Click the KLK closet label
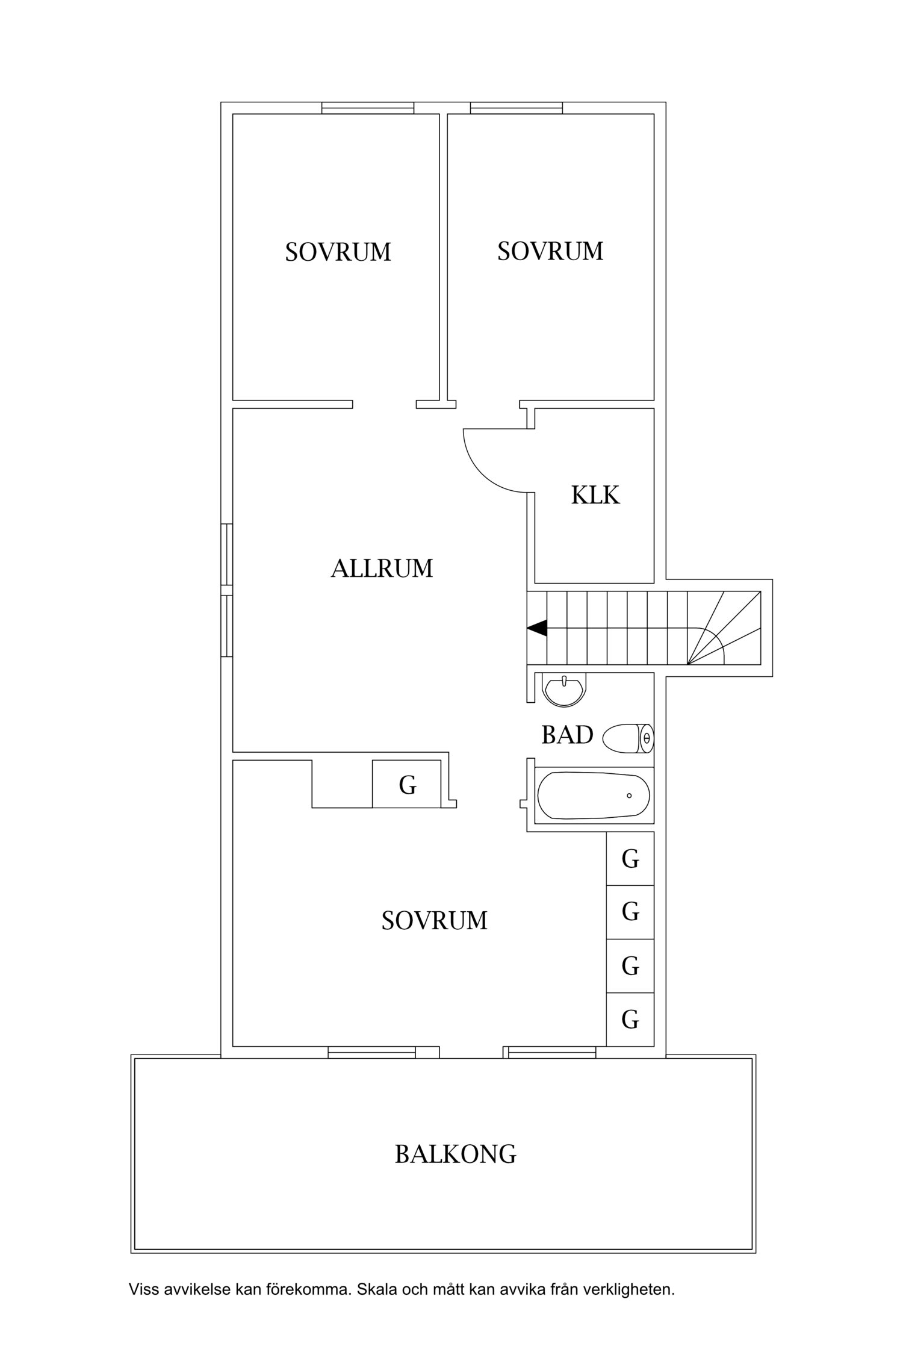[x=595, y=495]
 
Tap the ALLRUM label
[x=382, y=568]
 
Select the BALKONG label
[x=455, y=1154]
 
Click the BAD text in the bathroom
[x=567, y=735]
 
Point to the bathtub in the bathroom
[x=593, y=796]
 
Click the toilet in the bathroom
[x=628, y=738]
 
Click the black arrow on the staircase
[x=537, y=628]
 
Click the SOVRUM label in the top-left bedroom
[x=338, y=252]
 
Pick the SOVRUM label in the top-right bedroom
[x=550, y=251]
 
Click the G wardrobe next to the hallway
[x=408, y=785]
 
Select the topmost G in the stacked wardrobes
[x=630, y=859]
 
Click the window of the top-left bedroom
[x=367, y=108]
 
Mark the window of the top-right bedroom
[x=516, y=108]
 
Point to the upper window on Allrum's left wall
[x=226, y=554]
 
